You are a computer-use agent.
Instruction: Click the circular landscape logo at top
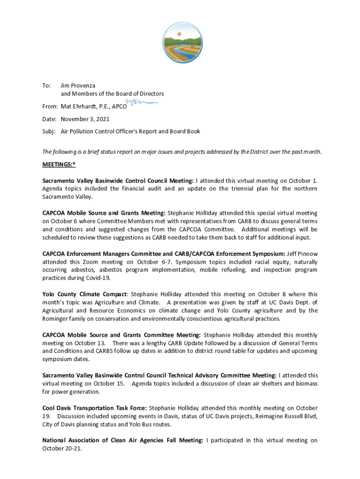tap(180, 39)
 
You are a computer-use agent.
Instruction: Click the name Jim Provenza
tap(78, 86)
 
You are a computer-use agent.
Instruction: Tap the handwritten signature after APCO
tap(140, 103)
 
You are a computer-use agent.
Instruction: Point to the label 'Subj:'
tap(49, 131)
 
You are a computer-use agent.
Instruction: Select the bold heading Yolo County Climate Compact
tap(84, 294)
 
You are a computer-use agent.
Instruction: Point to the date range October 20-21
tap(59, 449)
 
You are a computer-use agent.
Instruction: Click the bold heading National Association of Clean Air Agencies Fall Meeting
tap(122, 440)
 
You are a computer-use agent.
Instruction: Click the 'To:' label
tap(47, 86)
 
